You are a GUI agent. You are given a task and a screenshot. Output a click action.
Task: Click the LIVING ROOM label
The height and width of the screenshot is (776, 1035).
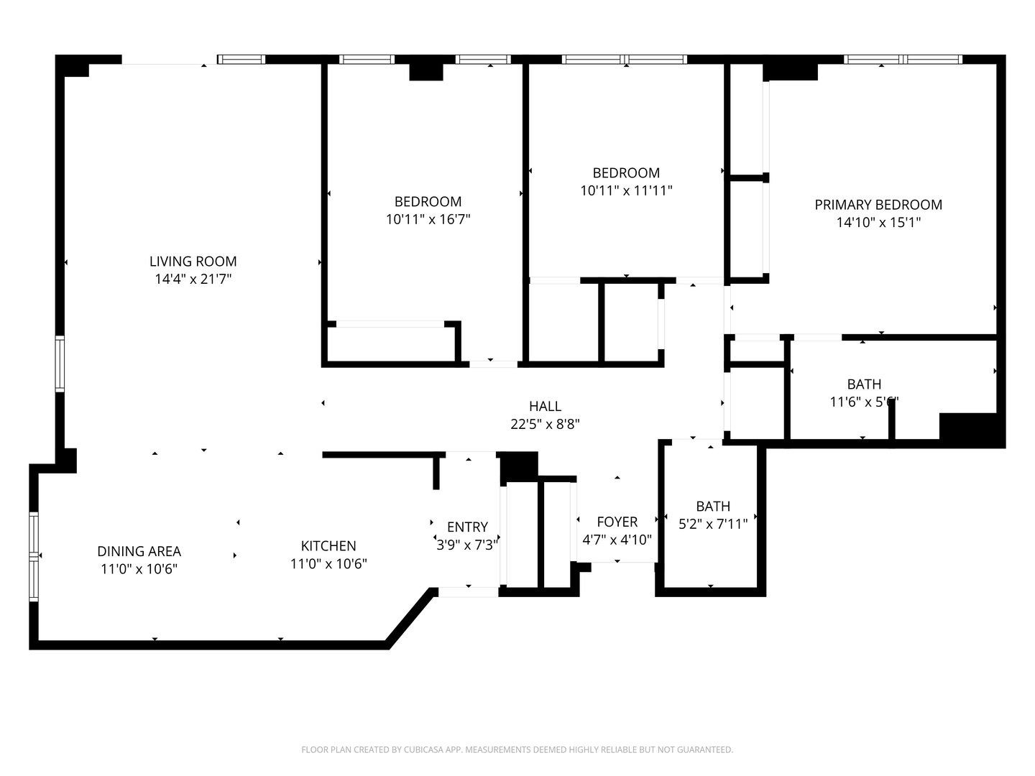(193, 262)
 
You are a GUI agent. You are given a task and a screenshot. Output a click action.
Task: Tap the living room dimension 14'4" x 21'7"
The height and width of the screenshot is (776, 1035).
(193, 280)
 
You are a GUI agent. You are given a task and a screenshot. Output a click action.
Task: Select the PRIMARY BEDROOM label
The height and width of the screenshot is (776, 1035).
(878, 205)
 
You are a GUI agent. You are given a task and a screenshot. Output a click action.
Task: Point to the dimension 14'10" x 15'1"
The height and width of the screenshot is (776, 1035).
(878, 223)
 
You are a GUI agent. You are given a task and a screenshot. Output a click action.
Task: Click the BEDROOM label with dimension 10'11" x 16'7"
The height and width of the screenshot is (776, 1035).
(428, 202)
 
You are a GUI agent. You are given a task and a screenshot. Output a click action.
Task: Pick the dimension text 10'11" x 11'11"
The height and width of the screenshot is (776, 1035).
(626, 191)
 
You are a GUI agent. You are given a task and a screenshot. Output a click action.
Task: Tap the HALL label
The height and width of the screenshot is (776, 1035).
(545, 407)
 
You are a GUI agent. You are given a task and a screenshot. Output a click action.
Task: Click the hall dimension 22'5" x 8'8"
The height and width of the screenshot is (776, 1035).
(545, 425)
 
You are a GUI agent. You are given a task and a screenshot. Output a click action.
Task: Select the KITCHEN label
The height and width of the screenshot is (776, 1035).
(328, 546)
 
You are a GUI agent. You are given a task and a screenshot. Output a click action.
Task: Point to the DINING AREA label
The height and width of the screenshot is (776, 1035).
(139, 552)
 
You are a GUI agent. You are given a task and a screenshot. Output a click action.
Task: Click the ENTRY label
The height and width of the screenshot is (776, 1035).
(467, 527)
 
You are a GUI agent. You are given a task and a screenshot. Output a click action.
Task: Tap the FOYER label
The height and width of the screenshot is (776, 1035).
(617, 522)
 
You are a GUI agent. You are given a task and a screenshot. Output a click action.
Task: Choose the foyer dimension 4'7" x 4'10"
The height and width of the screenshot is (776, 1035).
(617, 540)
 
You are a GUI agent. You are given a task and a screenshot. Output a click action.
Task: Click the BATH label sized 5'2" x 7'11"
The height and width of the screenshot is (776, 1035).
(713, 507)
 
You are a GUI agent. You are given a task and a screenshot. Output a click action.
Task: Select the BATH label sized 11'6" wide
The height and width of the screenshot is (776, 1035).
(864, 384)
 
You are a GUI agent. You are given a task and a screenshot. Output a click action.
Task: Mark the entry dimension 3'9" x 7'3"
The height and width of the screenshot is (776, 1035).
(467, 545)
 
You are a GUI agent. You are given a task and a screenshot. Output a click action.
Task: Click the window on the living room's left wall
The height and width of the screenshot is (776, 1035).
(60, 364)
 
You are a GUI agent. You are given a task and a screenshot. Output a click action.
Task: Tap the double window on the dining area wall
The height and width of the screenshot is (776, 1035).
(34, 557)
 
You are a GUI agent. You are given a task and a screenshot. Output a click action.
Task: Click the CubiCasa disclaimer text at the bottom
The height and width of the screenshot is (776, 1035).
(517, 750)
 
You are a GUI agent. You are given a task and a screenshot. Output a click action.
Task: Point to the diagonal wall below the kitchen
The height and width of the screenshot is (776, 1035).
(410, 618)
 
